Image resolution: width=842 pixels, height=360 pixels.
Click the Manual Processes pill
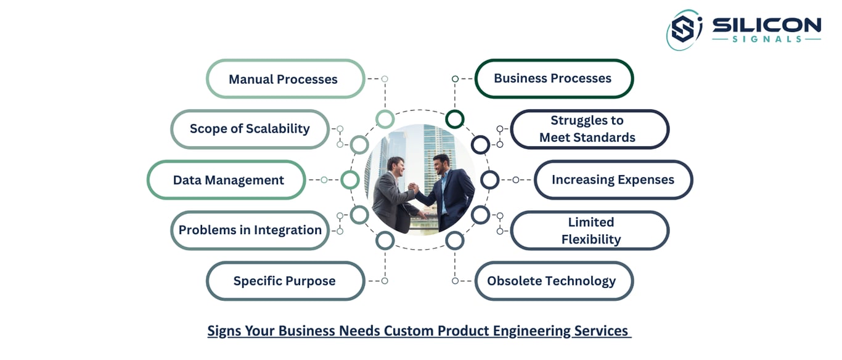point(285,79)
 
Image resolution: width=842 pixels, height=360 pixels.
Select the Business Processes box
point(554,78)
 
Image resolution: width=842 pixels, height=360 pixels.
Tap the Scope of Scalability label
point(250,129)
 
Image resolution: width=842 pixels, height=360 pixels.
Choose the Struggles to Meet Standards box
point(589,129)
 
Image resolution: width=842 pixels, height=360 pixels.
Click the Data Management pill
point(226,179)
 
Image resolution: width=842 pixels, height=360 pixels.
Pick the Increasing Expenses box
point(613,179)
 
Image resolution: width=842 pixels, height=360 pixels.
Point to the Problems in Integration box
point(250,230)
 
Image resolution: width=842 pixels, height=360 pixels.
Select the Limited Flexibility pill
point(589,231)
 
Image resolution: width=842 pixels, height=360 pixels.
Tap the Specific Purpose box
point(285,280)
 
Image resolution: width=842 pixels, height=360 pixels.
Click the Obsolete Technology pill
point(554,280)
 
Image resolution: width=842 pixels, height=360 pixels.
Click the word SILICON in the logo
point(766,25)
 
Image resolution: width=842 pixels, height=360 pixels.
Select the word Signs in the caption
point(224,331)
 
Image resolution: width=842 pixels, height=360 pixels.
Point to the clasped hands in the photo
point(413,187)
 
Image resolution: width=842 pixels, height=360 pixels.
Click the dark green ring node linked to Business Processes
point(454,119)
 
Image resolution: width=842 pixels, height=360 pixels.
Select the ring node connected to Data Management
point(350,179)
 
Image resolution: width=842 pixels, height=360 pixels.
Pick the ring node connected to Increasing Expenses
point(490,179)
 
